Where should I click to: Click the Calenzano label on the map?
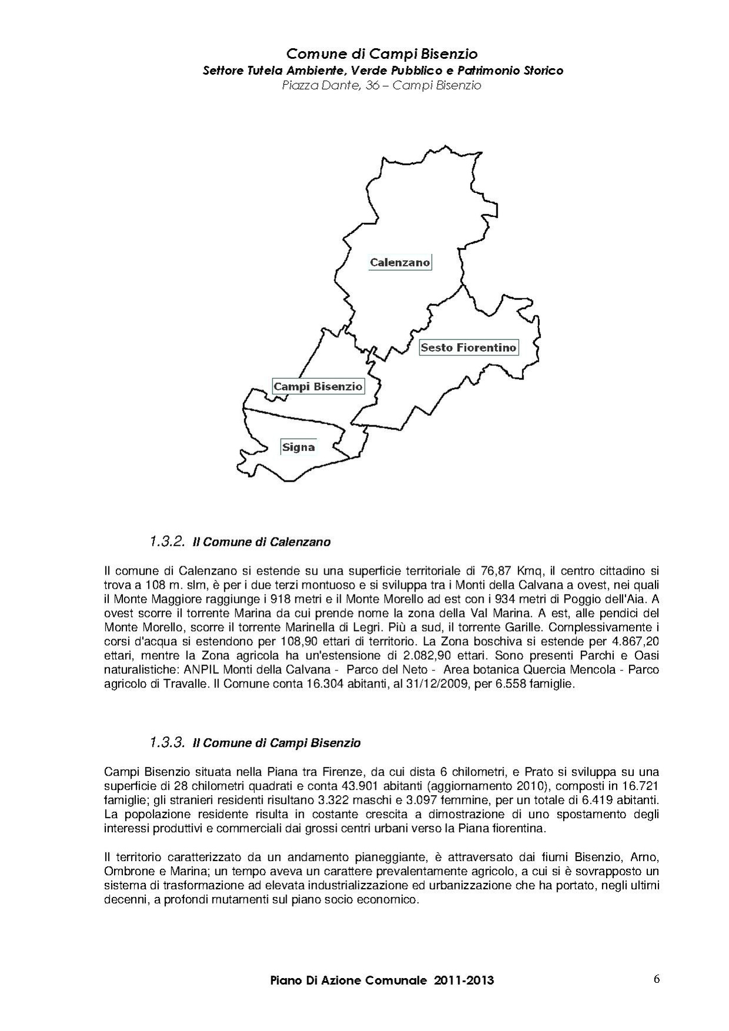coord(400,262)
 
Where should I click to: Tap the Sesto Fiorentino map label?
coord(468,348)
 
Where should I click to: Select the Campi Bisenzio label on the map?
coord(318,386)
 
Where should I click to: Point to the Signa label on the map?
coord(298,447)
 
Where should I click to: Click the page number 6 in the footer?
coord(656,979)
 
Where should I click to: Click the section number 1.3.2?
coord(167,541)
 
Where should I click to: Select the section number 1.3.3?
coord(167,742)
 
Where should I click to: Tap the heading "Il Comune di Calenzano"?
coord(262,542)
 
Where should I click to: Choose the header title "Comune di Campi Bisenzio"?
coord(382,54)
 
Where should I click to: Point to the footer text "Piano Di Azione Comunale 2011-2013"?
coord(382,980)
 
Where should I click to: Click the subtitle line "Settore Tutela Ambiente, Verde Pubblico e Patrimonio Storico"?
coord(382,71)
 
